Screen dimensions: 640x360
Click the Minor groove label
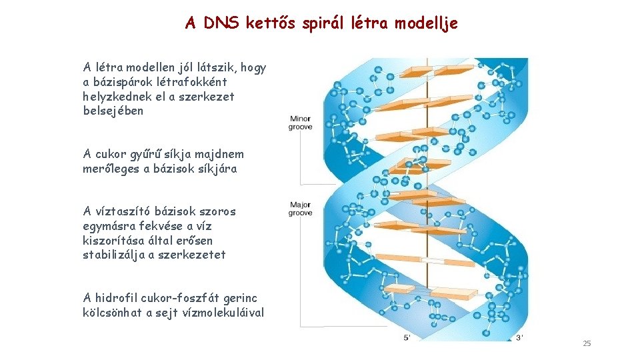300,123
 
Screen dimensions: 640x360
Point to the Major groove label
300,209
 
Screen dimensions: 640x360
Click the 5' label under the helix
407,338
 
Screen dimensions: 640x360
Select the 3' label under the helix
520,338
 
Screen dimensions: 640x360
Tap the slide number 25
587,343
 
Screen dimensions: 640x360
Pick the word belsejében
113,111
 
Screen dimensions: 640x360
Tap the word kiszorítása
112,240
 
